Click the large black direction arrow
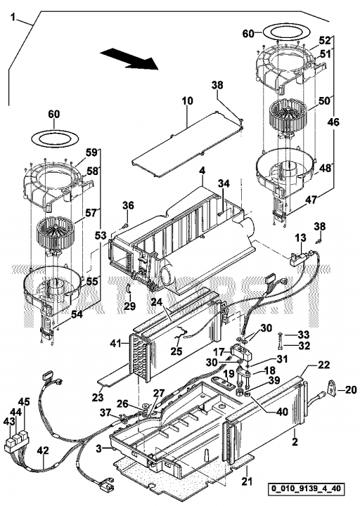pos(129,59)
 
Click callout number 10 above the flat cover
pos(187,100)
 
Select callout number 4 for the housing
pos(202,171)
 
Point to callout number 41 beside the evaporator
pos(115,344)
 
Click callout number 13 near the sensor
pos(301,238)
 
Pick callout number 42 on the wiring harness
pos(42,450)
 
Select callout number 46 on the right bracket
pos(333,122)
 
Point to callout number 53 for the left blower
pos(101,235)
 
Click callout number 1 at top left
pos(13,17)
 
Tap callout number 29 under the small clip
pos(130,306)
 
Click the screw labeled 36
pos(126,225)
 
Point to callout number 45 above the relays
pos(24,402)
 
